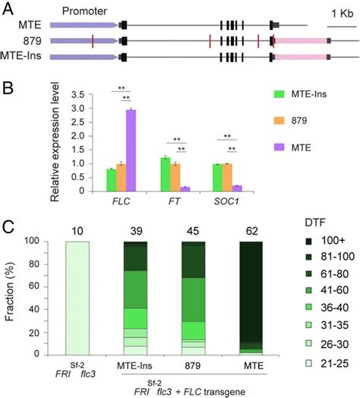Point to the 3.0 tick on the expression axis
pos(76,109)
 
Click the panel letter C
pos(8,227)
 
